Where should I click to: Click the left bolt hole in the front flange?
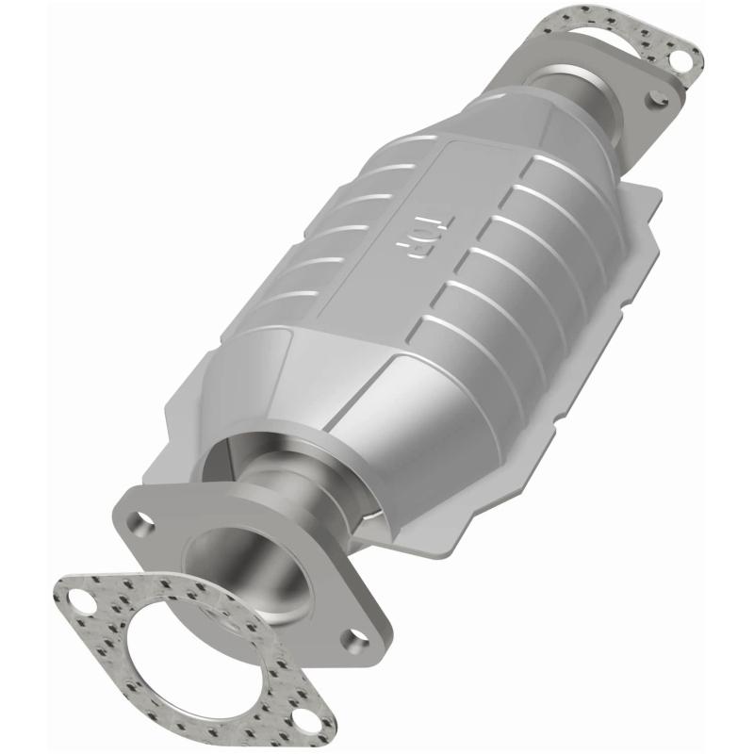pyautogui.click(x=143, y=519)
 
